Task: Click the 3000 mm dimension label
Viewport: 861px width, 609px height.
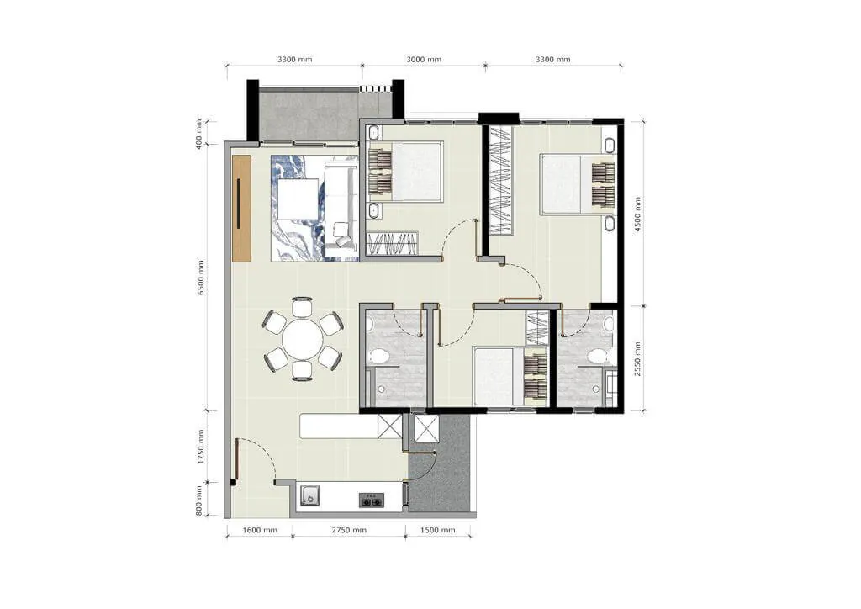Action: [424, 60]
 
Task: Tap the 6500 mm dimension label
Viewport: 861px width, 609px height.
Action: [201, 278]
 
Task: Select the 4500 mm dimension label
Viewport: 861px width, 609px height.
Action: [637, 214]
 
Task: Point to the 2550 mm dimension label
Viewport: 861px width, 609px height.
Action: [637, 358]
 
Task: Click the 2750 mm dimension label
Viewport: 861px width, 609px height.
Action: [349, 531]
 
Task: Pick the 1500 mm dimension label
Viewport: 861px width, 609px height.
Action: [437, 531]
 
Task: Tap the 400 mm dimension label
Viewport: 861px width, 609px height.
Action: [198, 133]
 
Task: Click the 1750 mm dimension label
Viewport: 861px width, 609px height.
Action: [201, 447]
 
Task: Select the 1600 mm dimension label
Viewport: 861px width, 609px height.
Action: [260, 531]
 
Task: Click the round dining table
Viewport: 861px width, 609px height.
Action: [303, 339]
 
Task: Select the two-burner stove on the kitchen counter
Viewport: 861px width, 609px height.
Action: [372, 500]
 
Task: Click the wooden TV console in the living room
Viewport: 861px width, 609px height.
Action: [241, 208]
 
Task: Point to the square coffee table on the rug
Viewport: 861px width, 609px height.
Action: [298, 199]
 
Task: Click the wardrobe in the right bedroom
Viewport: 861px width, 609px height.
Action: [501, 181]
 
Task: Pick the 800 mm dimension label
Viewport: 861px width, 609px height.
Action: [198, 500]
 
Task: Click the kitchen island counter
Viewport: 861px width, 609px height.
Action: [339, 426]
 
